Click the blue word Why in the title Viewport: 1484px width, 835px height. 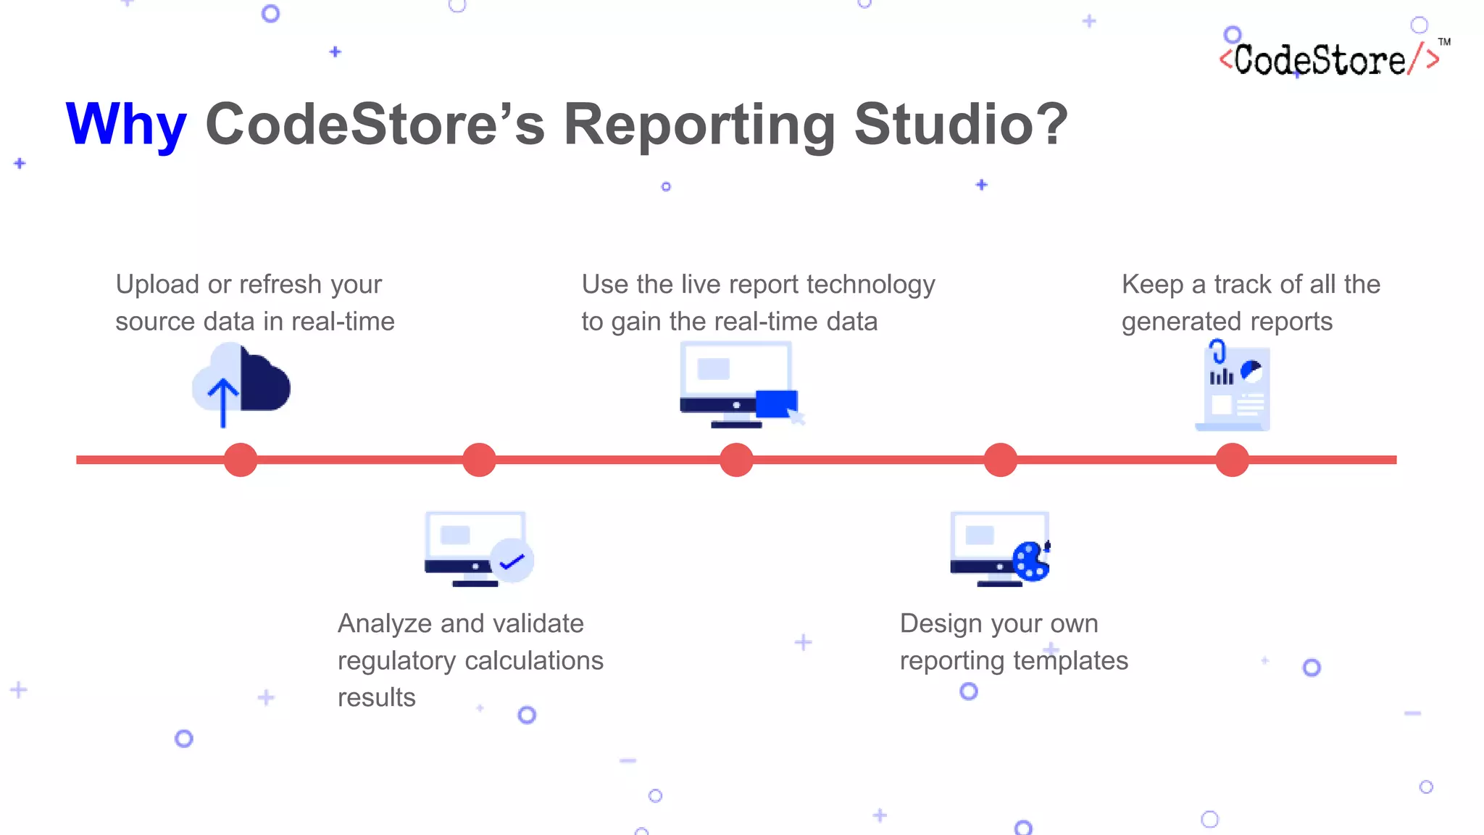(x=126, y=125)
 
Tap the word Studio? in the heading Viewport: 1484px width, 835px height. (x=960, y=125)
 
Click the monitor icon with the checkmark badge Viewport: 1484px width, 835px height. (x=478, y=549)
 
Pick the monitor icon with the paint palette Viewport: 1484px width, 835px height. (x=1000, y=548)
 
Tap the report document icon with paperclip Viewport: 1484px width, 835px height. (x=1233, y=387)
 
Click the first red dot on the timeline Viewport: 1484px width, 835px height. (x=241, y=460)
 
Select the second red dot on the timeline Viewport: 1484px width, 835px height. (x=479, y=460)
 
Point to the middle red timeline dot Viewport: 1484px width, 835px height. (x=736, y=460)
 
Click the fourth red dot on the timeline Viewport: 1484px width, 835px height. (x=1001, y=460)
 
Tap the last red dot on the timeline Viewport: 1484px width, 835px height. (x=1232, y=460)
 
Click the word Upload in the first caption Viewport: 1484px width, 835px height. (x=157, y=285)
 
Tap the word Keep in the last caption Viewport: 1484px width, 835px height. (x=1152, y=285)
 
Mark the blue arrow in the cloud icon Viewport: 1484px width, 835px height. (x=222, y=402)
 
